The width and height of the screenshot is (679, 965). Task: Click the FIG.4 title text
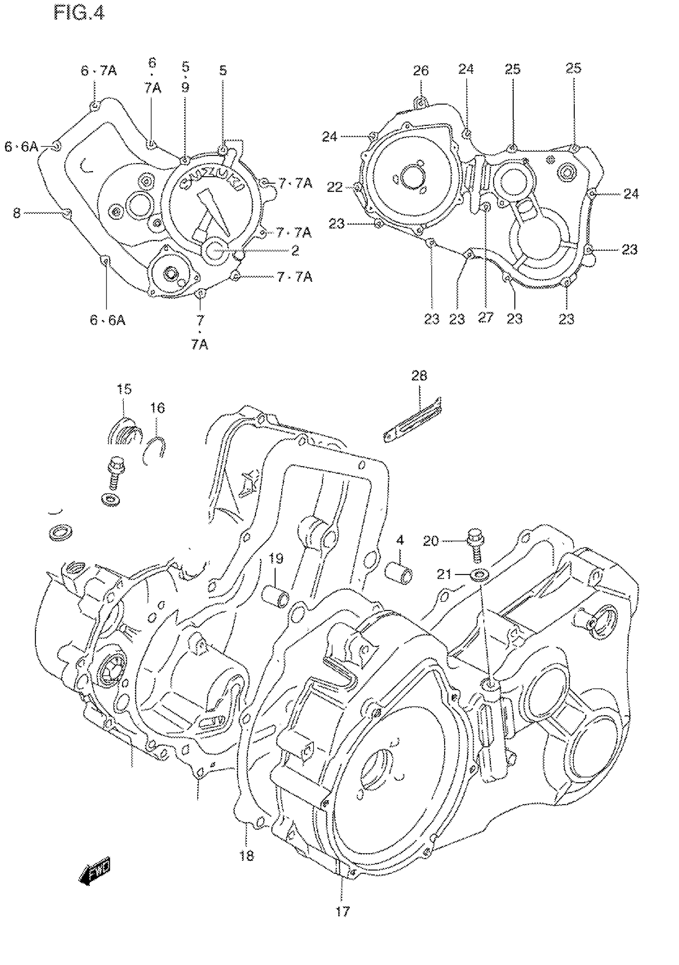click(79, 13)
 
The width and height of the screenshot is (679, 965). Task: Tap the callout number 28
click(419, 375)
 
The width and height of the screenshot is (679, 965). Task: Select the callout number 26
click(421, 71)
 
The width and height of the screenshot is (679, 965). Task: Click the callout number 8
click(16, 213)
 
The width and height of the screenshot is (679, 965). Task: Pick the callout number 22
click(335, 187)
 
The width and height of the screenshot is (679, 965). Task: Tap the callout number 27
click(485, 317)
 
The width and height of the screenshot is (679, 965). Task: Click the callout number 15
click(124, 389)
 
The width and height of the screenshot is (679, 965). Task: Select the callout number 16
click(157, 408)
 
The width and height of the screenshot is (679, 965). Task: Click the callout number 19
click(276, 559)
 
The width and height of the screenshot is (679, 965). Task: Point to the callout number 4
click(399, 540)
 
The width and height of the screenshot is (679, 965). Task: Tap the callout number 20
click(431, 541)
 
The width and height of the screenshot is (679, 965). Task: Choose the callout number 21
click(444, 574)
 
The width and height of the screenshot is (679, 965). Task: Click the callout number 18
click(247, 855)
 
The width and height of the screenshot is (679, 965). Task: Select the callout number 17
click(342, 911)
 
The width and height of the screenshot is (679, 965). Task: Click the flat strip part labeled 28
click(412, 420)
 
